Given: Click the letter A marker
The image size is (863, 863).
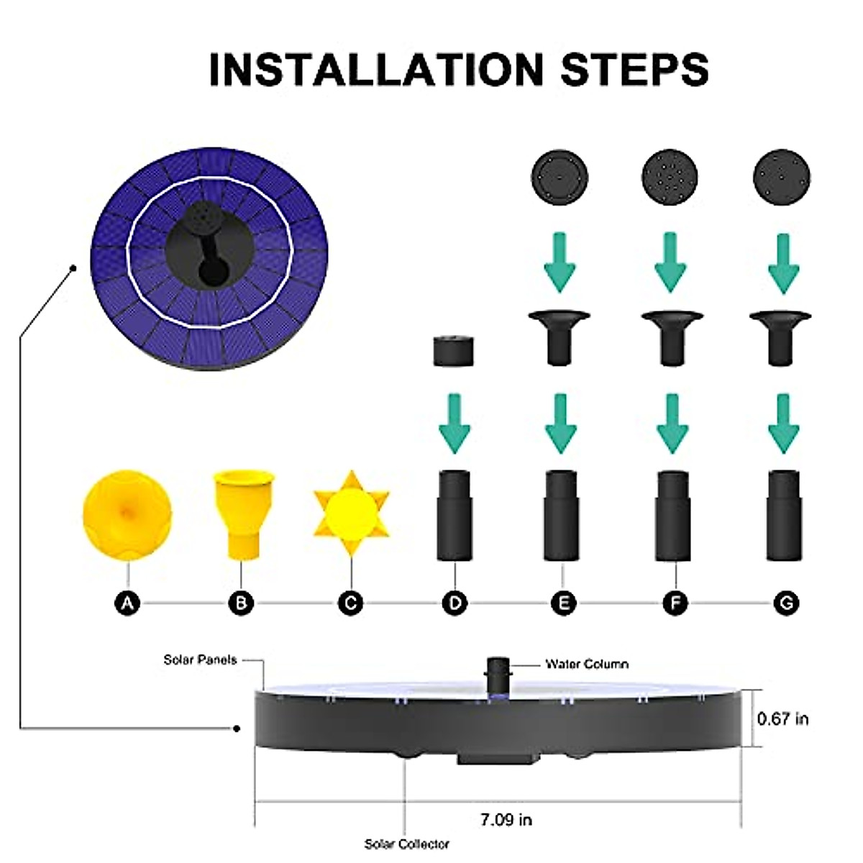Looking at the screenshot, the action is click(127, 603).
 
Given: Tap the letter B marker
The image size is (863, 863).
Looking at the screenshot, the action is click(241, 603).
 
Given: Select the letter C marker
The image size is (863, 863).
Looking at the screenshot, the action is click(351, 603).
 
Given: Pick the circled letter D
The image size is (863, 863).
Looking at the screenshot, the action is click(455, 603).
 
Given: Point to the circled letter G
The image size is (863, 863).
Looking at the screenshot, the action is click(787, 603).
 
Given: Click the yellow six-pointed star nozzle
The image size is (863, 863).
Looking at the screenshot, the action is click(352, 513).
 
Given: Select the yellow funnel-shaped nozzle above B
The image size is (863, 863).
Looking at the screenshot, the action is click(243, 515).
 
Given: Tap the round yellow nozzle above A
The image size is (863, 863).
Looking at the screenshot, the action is click(127, 515).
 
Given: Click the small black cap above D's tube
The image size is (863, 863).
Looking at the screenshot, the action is click(454, 351).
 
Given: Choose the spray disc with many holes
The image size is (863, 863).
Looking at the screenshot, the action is click(670, 178).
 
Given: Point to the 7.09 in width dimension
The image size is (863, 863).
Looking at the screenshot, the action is click(506, 820).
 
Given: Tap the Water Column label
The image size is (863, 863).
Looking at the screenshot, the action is click(587, 664).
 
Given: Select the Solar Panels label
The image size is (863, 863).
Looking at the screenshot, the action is click(200, 659).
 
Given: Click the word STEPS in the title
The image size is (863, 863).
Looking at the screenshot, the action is click(634, 70).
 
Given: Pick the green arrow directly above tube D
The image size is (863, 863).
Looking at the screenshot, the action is click(455, 424).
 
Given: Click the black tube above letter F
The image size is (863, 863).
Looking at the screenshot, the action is click(673, 516).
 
